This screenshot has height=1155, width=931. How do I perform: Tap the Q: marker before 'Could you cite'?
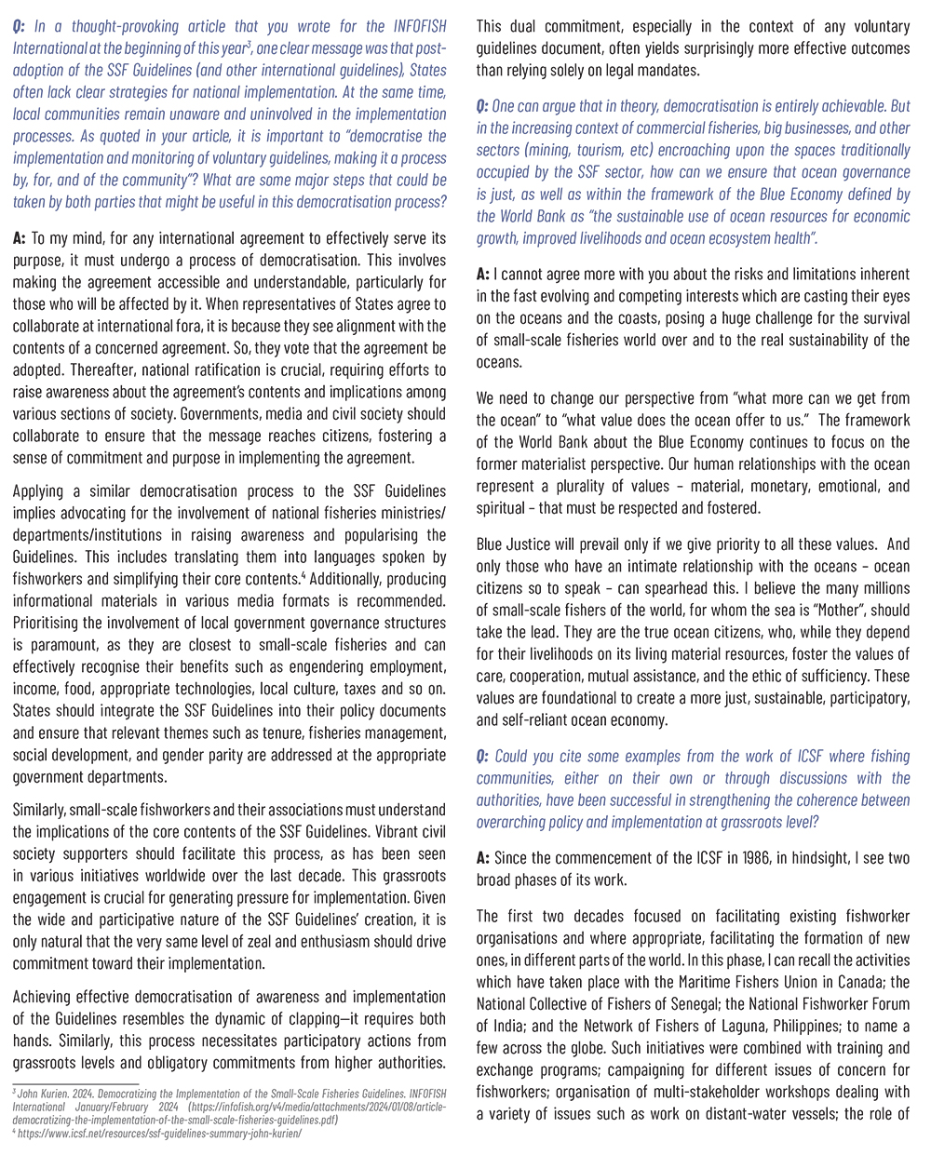point(484,756)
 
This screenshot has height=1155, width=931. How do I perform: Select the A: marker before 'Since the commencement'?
point(483,858)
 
